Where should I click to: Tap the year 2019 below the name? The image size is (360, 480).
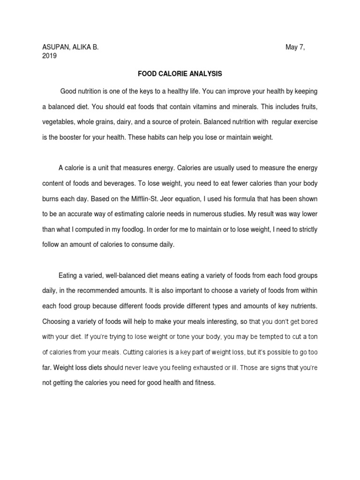(50, 56)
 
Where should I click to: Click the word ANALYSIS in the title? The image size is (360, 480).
(202, 74)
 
